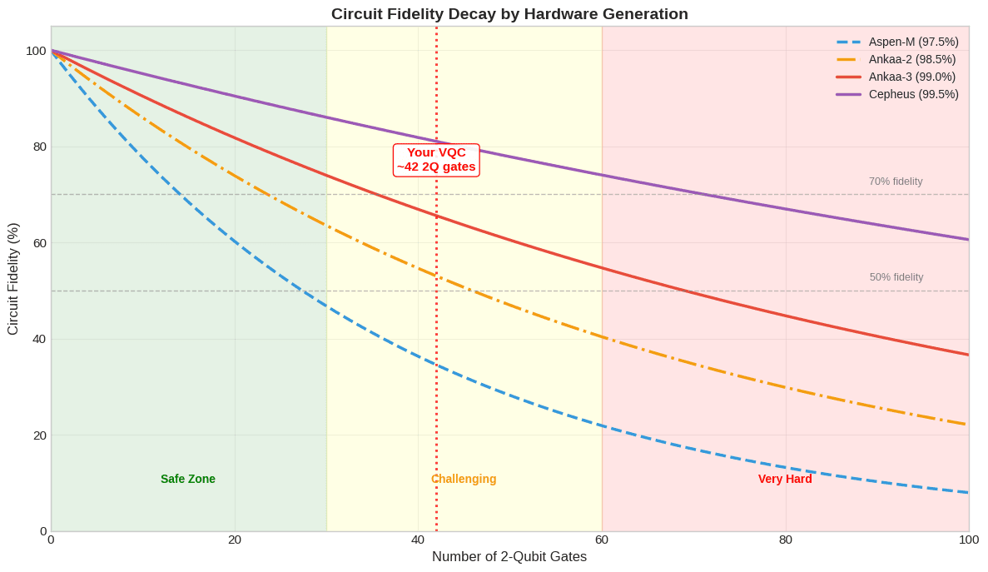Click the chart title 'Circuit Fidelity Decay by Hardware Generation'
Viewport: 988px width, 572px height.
pyautogui.click(x=509, y=14)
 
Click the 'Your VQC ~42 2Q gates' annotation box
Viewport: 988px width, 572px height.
pyautogui.click(x=436, y=160)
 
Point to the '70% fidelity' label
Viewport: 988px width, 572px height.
pyautogui.click(x=896, y=182)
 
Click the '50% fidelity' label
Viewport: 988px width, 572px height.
pyautogui.click(x=896, y=277)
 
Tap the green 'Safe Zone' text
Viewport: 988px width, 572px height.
pyautogui.click(x=188, y=479)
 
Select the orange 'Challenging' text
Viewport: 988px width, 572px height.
pyautogui.click(x=464, y=479)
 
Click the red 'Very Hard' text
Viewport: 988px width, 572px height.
pyautogui.click(x=785, y=479)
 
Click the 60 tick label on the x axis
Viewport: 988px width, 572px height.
pyautogui.click(x=602, y=540)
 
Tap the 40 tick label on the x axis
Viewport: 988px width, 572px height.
pyautogui.click(x=418, y=540)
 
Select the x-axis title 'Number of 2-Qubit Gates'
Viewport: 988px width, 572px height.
pyautogui.click(x=509, y=557)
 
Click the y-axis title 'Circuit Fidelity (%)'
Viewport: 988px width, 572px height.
pyautogui.click(x=13, y=279)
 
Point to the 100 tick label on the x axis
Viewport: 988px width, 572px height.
pyautogui.click(x=968, y=540)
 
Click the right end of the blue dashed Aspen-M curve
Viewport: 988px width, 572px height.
pyautogui.click(x=967, y=492)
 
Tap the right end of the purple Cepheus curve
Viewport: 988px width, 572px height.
pyautogui.click(x=967, y=239)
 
